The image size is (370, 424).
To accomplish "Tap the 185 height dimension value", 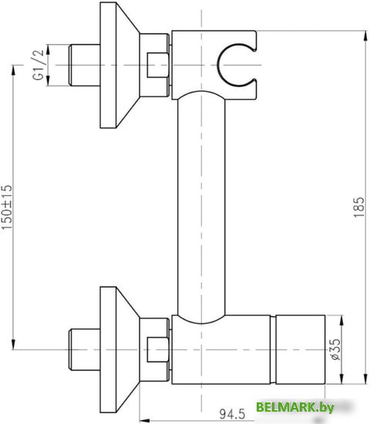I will pos(358,206).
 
